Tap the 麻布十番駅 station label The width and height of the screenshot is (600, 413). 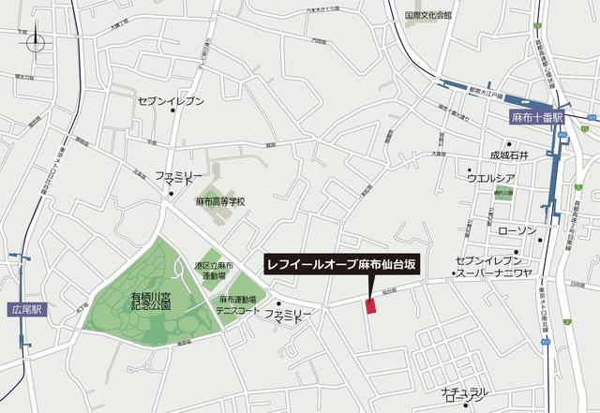point(537,118)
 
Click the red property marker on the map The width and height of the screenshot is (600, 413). point(369,306)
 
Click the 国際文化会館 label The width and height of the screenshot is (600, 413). point(427,16)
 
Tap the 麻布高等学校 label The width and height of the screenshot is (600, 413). point(219,202)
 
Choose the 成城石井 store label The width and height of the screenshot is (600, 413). point(509,155)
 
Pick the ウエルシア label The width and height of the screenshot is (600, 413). point(491,178)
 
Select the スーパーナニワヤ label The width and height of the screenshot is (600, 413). point(491,274)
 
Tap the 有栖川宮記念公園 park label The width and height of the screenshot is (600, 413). point(151,301)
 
